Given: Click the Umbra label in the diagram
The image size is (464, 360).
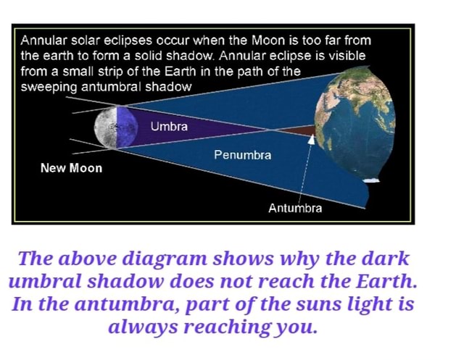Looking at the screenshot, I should [169, 127].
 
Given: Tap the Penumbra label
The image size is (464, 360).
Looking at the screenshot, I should [242, 154].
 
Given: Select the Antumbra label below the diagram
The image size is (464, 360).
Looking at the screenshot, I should [294, 208].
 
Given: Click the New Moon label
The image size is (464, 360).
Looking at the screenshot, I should [71, 168].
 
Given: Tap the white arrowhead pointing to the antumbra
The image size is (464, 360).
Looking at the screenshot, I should [312, 139].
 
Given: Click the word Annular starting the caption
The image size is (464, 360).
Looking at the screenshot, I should [43, 40].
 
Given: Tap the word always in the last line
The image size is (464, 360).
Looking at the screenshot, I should [143, 327].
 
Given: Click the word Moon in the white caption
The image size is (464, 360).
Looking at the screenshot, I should [268, 40].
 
